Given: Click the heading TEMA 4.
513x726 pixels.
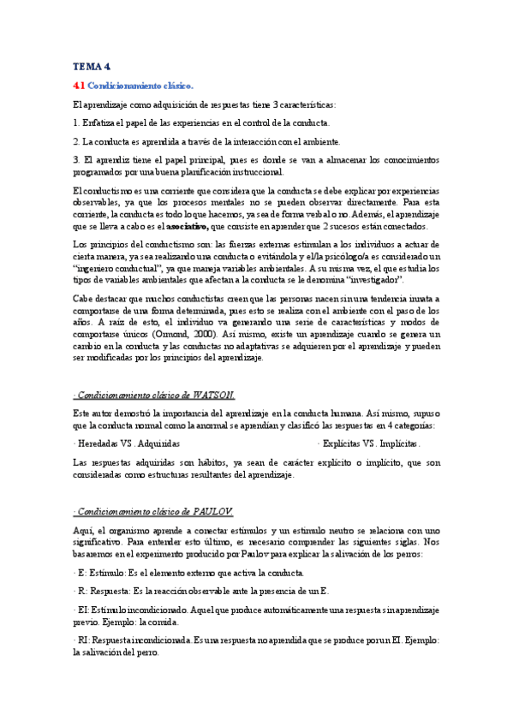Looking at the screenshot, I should (92, 66).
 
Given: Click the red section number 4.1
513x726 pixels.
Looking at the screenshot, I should (79, 86).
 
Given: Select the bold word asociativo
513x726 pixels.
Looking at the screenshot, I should (193, 227).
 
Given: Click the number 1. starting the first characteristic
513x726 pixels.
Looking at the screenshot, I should (76, 122).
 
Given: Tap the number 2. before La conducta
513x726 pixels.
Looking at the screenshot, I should (76, 141).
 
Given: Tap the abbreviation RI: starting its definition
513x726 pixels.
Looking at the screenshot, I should (83, 640).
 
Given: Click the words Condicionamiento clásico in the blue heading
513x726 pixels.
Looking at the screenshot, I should (141, 86).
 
